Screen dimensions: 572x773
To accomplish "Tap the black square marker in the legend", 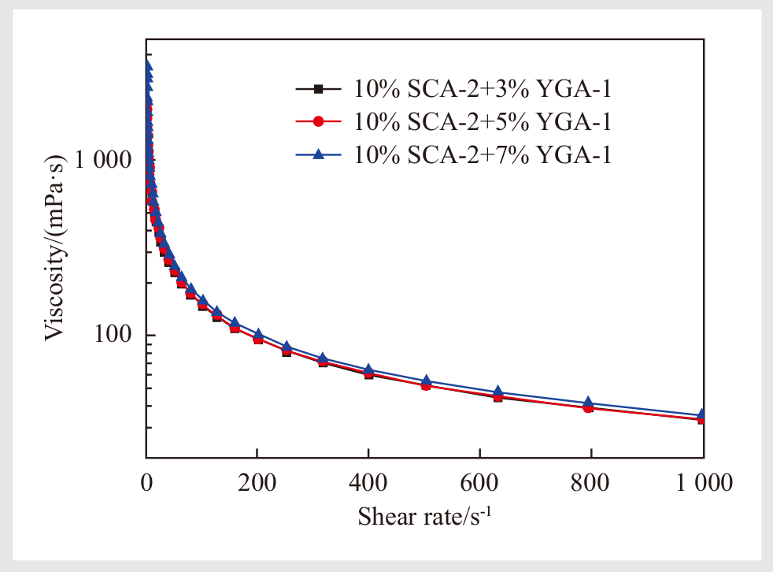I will click(x=319, y=89).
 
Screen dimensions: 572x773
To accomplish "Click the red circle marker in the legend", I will click(x=319, y=122).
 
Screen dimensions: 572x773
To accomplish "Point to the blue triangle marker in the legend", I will click(x=319, y=155).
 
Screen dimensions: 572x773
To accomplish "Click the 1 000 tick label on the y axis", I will click(x=107, y=160).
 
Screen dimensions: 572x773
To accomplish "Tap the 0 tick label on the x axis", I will click(x=146, y=482).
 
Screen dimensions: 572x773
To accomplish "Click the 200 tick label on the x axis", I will click(x=257, y=482).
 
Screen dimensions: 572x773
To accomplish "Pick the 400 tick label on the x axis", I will click(x=368, y=482).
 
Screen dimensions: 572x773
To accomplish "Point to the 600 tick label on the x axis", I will click(x=479, y=482).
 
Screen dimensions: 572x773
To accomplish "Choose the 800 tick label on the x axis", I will click(x=590, y=482).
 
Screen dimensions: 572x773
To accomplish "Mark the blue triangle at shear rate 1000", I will click(x=701, y=414).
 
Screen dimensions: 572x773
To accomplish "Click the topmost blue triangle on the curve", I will click(x=146, y=65).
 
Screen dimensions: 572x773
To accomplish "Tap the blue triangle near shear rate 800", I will click(x=588, y=403).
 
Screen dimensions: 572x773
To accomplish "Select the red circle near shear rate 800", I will click(x=588, y=408).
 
